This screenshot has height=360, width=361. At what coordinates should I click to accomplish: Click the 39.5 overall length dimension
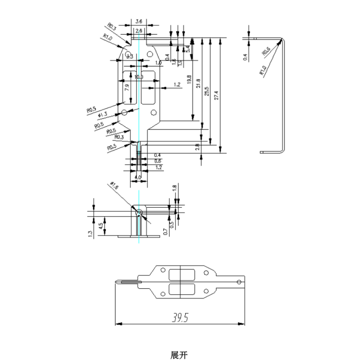[x=180, y=317]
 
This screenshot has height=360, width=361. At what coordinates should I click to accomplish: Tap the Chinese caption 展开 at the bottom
[x=180, y=355]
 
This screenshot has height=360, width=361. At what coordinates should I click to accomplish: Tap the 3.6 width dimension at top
[x=139, y=21]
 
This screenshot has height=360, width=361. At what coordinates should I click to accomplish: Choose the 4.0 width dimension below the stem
[x=138, y=177]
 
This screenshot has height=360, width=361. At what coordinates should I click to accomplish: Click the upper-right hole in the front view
[x=149, y=54]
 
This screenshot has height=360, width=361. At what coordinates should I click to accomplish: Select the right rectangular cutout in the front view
[x=149, y=87]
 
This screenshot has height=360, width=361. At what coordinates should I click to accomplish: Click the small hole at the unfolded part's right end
[x=239, y=281]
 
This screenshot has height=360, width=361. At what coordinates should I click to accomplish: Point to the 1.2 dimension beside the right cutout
[x=177, y=85]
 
